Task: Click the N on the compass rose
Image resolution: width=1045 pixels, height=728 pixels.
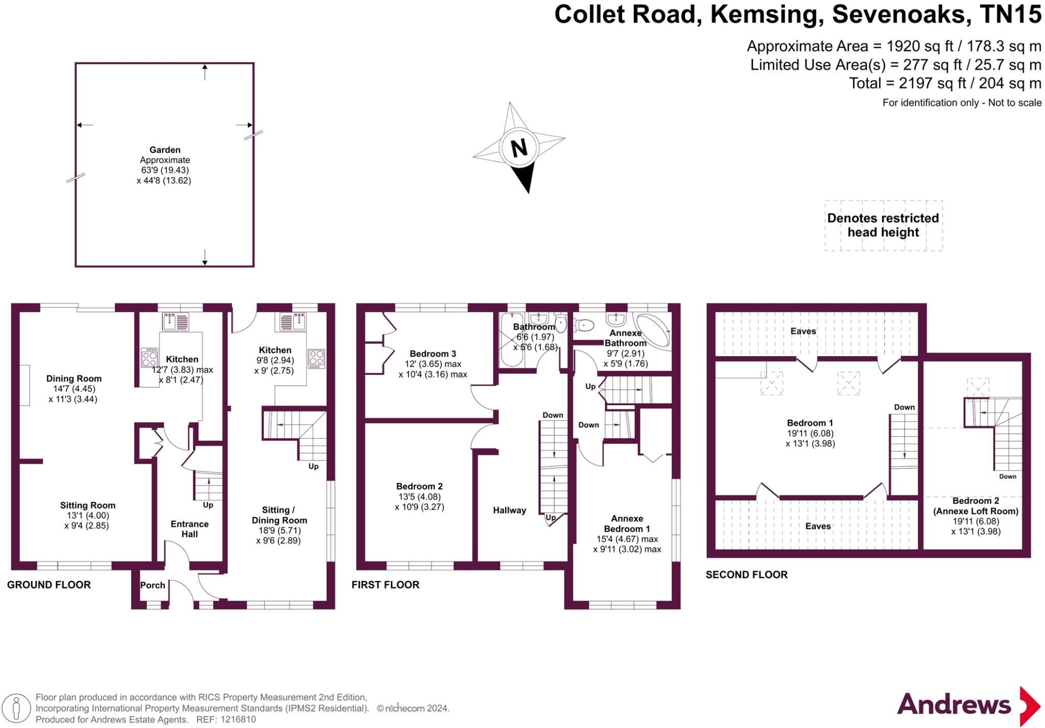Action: pos(519,148)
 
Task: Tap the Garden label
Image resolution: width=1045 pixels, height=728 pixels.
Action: pos(165,150)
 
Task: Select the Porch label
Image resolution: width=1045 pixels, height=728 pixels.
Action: pos(153,585)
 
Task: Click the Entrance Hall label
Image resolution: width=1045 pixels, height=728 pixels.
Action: pos(189,529)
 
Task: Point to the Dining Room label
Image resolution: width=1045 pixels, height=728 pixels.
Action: pos(74,379)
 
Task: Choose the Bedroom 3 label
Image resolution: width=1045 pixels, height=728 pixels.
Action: pos(433,354)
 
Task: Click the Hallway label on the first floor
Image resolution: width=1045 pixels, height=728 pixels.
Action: pos(509,510)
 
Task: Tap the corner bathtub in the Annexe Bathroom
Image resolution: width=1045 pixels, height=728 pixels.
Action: pos(654,330)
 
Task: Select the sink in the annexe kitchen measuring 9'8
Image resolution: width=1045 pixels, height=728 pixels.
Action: pos(293,322)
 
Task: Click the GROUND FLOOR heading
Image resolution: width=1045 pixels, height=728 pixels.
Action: pos(49,585)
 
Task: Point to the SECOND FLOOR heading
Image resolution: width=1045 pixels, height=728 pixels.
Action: pos(747,574)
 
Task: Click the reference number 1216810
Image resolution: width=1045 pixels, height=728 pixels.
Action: pos(237,719)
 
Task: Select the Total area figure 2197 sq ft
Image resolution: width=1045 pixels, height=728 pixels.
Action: pos(945,83)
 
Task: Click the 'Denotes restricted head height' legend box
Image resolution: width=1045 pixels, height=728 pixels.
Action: pos(883,225)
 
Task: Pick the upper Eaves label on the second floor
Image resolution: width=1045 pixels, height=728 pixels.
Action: pos(803,331)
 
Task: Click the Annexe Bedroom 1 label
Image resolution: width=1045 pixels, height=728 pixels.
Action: pos(627,523)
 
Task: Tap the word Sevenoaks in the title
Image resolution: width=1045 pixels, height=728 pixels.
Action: pos(901,14)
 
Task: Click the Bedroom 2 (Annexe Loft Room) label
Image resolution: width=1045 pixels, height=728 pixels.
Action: pos(976,506)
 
